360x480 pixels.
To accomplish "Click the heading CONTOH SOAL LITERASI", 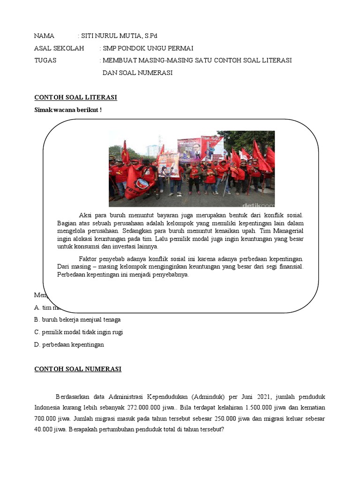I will [75, 97].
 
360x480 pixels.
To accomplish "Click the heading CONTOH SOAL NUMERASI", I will [78, 369].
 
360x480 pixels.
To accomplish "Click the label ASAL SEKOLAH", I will [59, 48].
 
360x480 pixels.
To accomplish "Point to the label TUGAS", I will [45, 60].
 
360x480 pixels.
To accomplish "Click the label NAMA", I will [45, 36].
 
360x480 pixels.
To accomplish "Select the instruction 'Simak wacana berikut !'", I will [68, 110].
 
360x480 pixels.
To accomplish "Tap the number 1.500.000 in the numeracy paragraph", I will [251, 407].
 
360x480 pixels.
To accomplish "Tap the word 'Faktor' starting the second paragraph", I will [89, 259].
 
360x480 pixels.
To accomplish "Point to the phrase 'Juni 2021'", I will [251, 397].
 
